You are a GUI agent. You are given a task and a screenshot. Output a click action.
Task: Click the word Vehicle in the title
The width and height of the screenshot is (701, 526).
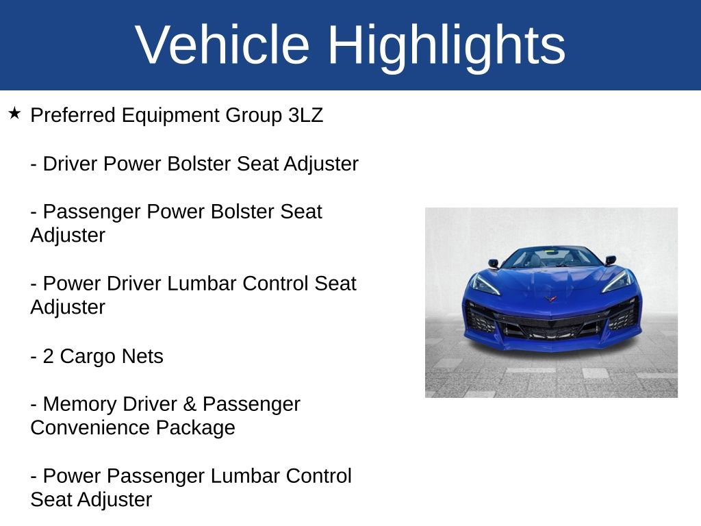coord(222,45)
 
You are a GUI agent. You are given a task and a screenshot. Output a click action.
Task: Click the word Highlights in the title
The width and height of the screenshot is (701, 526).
coord(446,45)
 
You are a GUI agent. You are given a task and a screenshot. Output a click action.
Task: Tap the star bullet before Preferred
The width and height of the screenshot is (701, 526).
coord(15,113)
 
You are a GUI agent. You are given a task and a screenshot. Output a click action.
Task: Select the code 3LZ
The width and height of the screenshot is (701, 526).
coord(305,115)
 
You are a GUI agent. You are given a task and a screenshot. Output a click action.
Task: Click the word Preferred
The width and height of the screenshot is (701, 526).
coord(73,115)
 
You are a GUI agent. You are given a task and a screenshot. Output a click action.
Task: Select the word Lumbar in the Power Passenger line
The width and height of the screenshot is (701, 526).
coord(242,476)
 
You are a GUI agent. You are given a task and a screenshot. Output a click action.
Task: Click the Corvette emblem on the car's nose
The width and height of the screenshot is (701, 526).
coord(551,299)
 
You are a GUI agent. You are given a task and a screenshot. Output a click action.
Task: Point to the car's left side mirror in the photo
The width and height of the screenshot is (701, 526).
coord(493,262)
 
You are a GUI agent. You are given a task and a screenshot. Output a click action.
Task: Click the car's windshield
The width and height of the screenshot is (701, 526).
coord(551,258)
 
